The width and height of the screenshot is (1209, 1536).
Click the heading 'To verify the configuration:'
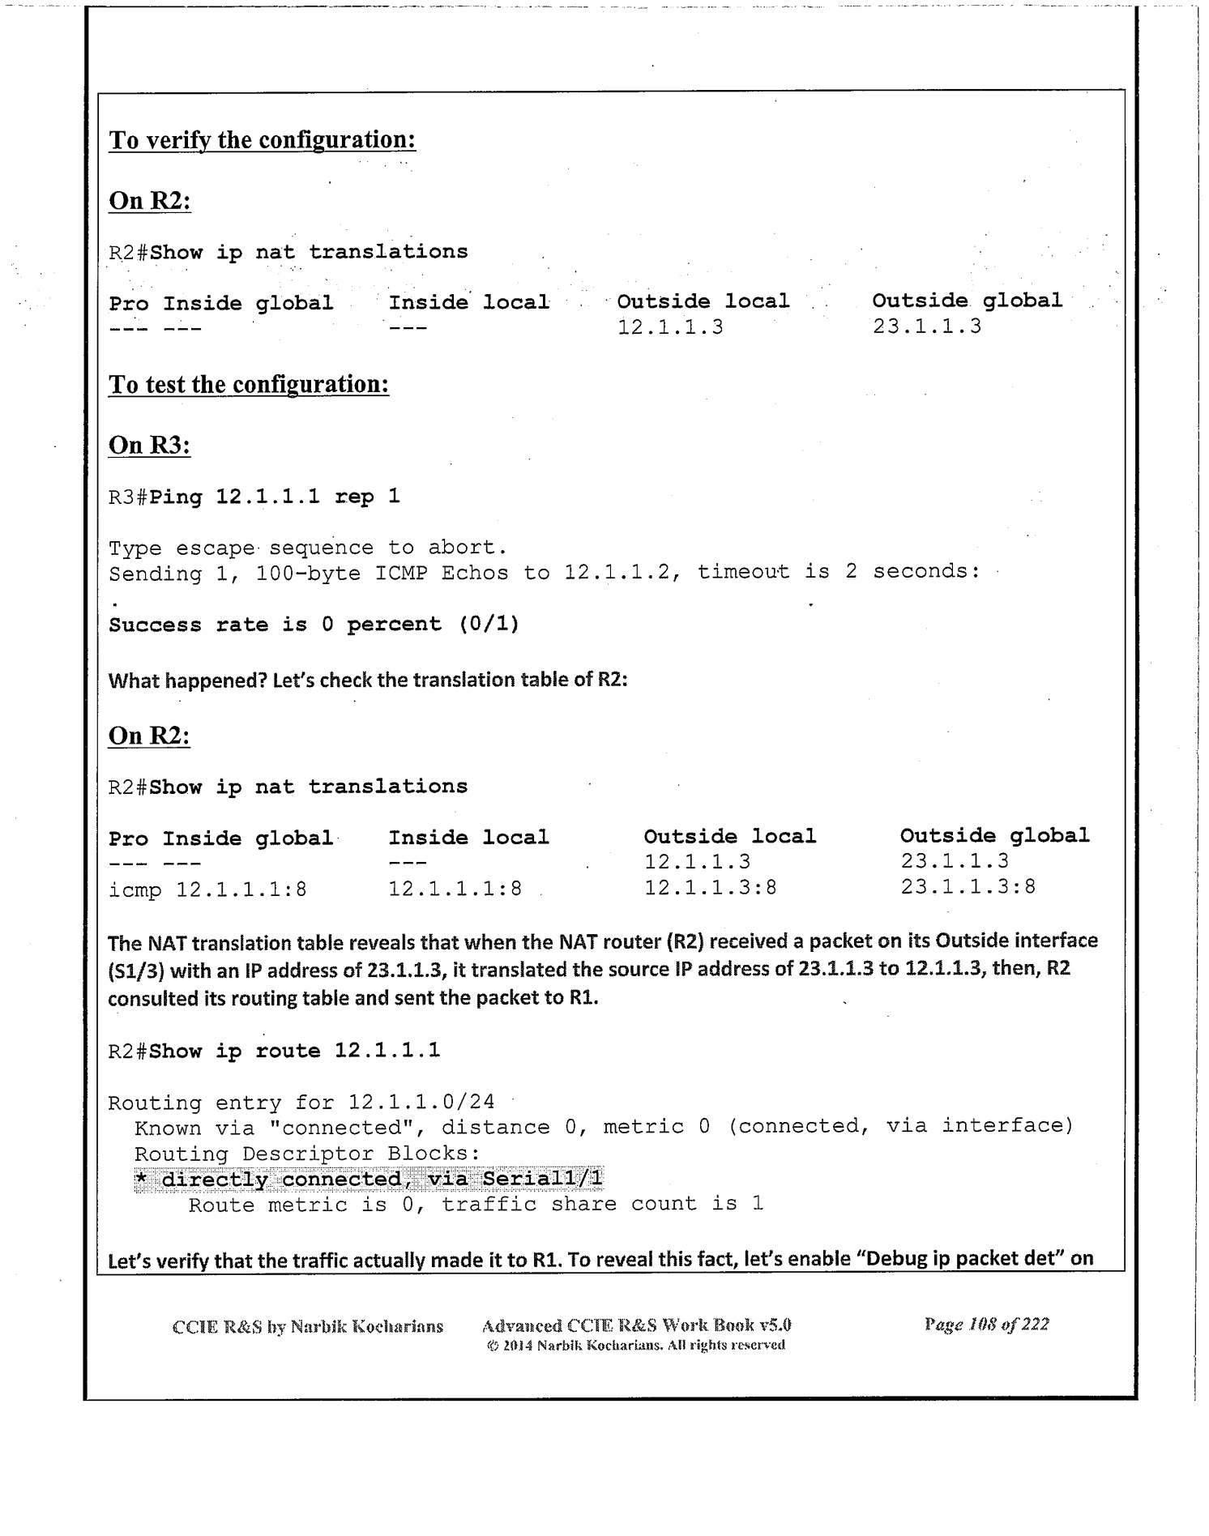click(263, 140)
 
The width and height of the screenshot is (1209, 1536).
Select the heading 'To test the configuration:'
click(249, 384)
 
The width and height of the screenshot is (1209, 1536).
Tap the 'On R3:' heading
click(149, 445)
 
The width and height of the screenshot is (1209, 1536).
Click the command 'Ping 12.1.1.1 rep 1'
click(276, 496)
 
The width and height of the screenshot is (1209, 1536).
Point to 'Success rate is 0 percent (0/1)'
click(314, 625)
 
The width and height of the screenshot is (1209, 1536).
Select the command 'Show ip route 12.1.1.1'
click(296, 1051)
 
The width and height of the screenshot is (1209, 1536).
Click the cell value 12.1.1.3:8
click(711, 888)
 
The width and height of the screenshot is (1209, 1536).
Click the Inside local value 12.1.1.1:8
click(455, 889)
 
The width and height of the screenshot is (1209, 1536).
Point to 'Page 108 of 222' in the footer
click(986, 1325)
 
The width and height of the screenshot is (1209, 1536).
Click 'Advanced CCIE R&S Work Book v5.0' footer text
click(636, 1326)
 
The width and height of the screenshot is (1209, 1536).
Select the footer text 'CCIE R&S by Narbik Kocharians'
click(308, 1327)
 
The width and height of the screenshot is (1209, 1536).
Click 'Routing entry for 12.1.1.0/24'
click(301, 1103)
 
